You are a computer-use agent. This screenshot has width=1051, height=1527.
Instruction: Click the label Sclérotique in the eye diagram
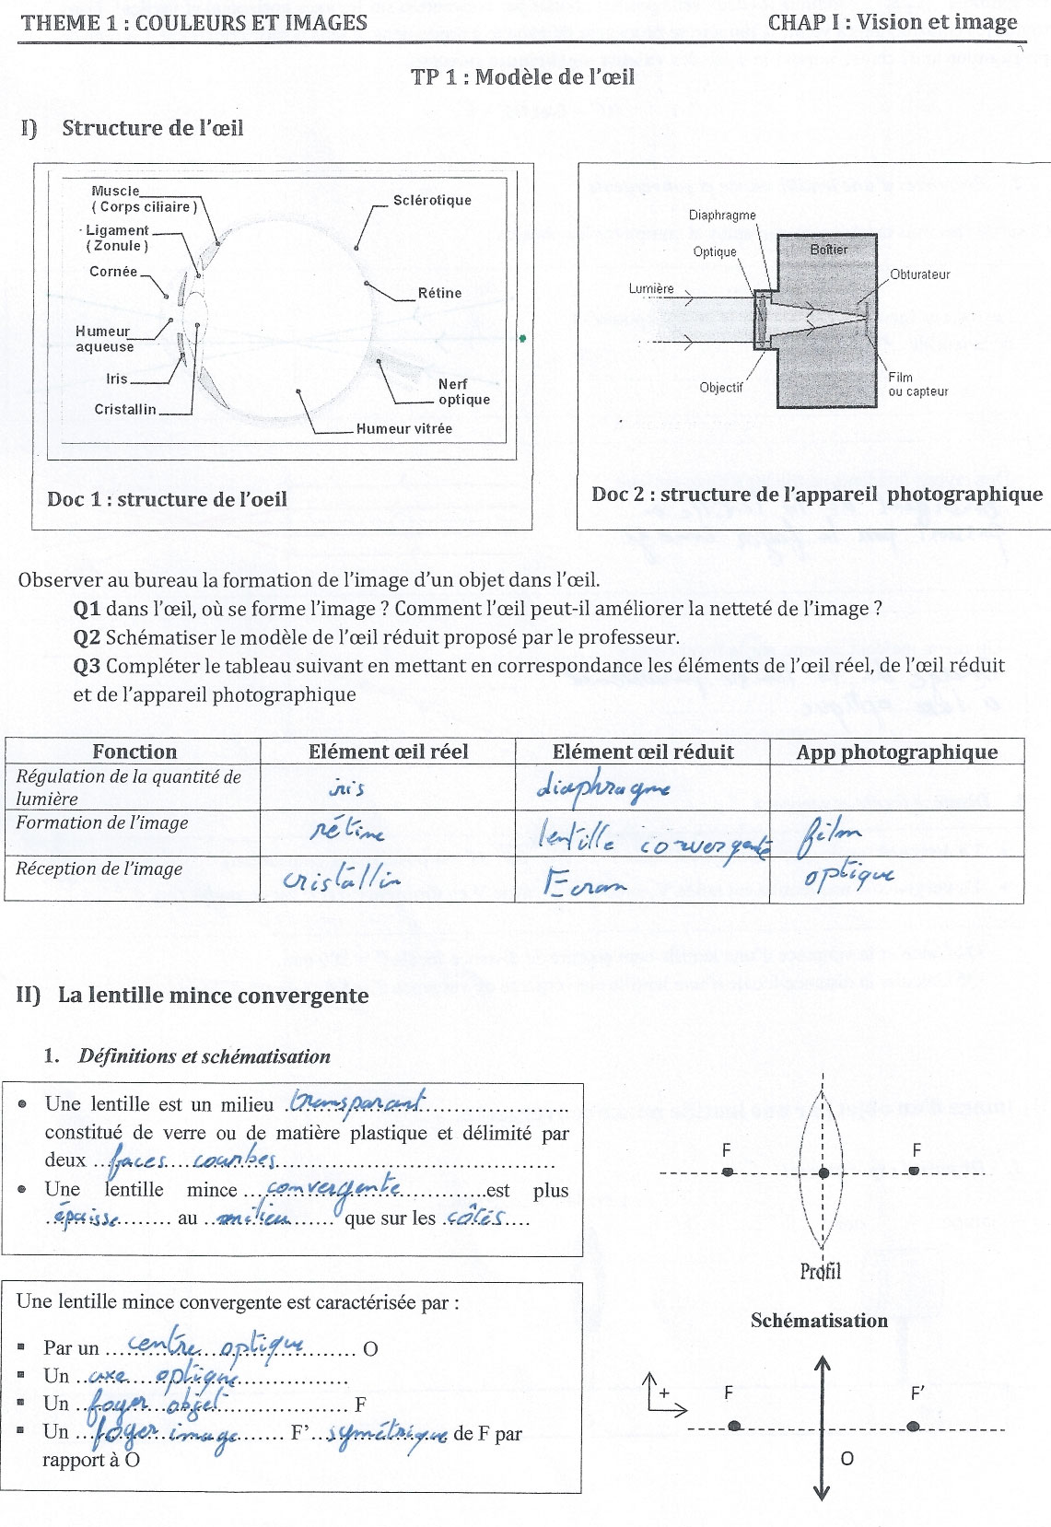coord(431,200)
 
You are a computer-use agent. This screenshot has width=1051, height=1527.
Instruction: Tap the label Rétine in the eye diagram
coord(439,293)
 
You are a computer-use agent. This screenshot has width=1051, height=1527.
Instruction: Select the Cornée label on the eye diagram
coord(113,272)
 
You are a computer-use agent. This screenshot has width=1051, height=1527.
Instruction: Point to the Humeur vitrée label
coord(404,428)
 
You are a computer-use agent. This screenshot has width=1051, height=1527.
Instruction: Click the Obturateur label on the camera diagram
coord(919,274)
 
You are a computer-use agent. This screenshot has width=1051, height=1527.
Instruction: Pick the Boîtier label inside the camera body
coord(828,250)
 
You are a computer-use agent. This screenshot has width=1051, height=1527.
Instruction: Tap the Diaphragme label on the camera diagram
coord(722,216)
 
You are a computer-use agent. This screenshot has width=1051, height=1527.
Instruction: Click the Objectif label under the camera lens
coord(720,388)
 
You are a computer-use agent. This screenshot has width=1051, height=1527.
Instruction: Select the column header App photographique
coord(896,752)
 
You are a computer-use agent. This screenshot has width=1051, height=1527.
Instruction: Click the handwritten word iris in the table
coord(346,788)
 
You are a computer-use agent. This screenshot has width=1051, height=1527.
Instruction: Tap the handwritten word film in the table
coord(831,833)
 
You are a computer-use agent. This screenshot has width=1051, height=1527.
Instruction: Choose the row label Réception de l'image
coord(99,868)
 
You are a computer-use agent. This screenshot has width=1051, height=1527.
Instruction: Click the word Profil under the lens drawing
coord(820,1272)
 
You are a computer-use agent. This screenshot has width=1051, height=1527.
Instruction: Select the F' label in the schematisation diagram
coord(917,1393)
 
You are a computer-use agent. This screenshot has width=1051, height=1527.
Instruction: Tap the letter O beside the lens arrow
coord(847,1458)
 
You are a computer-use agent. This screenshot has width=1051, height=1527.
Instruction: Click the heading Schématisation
coord(819,1321)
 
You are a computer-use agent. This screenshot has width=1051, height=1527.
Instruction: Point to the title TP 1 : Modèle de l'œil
coord(522,76)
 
